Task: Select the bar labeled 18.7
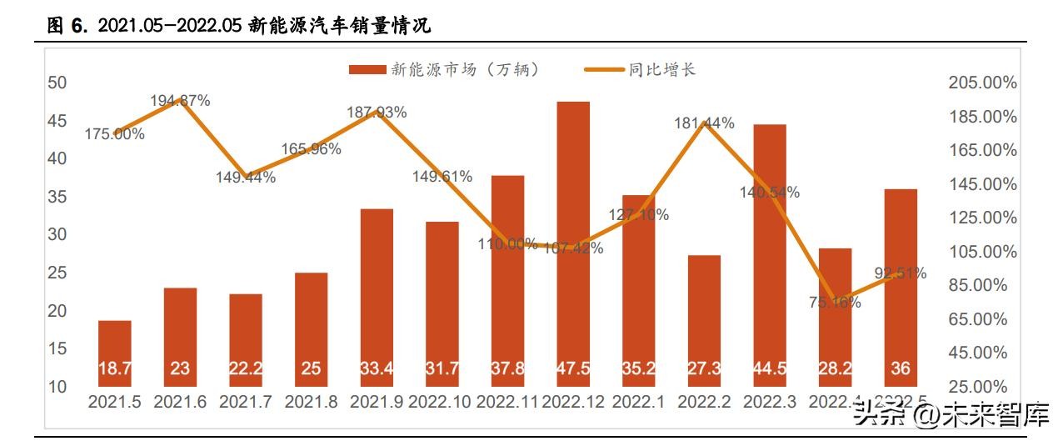[115, 354]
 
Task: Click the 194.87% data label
[180, 101]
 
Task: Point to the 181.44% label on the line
[705, 123]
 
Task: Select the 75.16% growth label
[835, 303]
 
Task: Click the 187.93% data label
[377, 113]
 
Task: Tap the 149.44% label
[245, 177]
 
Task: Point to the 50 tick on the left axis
[57, 83]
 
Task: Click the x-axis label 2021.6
[180, 402]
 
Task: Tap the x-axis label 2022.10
[442, 402]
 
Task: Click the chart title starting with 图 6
[238, 27]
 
